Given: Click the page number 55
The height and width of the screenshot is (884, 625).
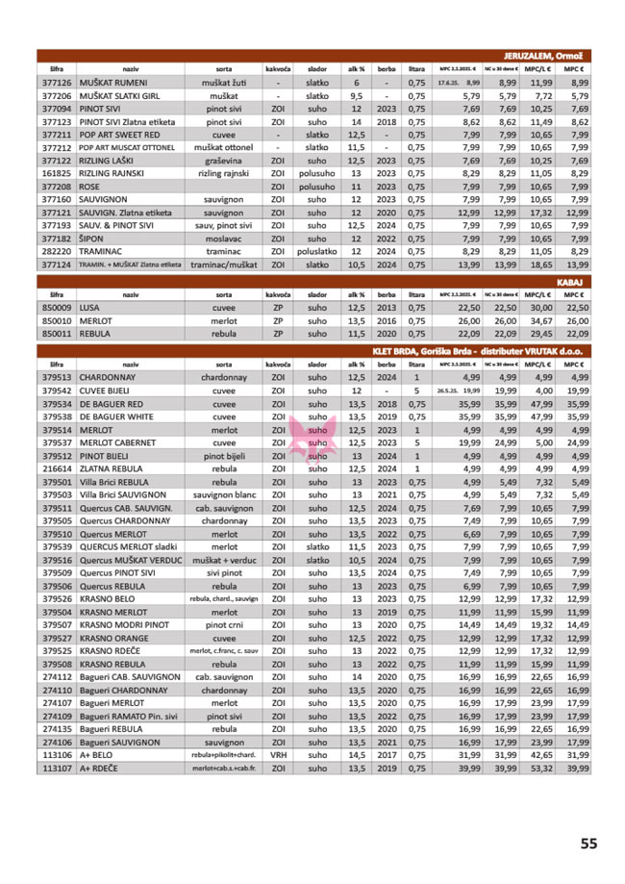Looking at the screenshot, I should click(x=588, y=844).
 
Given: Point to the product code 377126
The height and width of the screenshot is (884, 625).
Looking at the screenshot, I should click(x=58, y=84).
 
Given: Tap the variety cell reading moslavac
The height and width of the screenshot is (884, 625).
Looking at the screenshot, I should click(x=222, y=238).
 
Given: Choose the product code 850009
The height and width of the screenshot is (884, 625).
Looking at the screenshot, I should click(x=58, y=307).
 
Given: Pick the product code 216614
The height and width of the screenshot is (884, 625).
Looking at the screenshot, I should click(x=58, y=468).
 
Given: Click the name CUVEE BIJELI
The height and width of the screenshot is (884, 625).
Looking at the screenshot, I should click(x=109, y=391).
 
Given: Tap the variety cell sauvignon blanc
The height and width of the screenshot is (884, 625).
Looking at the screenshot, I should click(x=224, y=494).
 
